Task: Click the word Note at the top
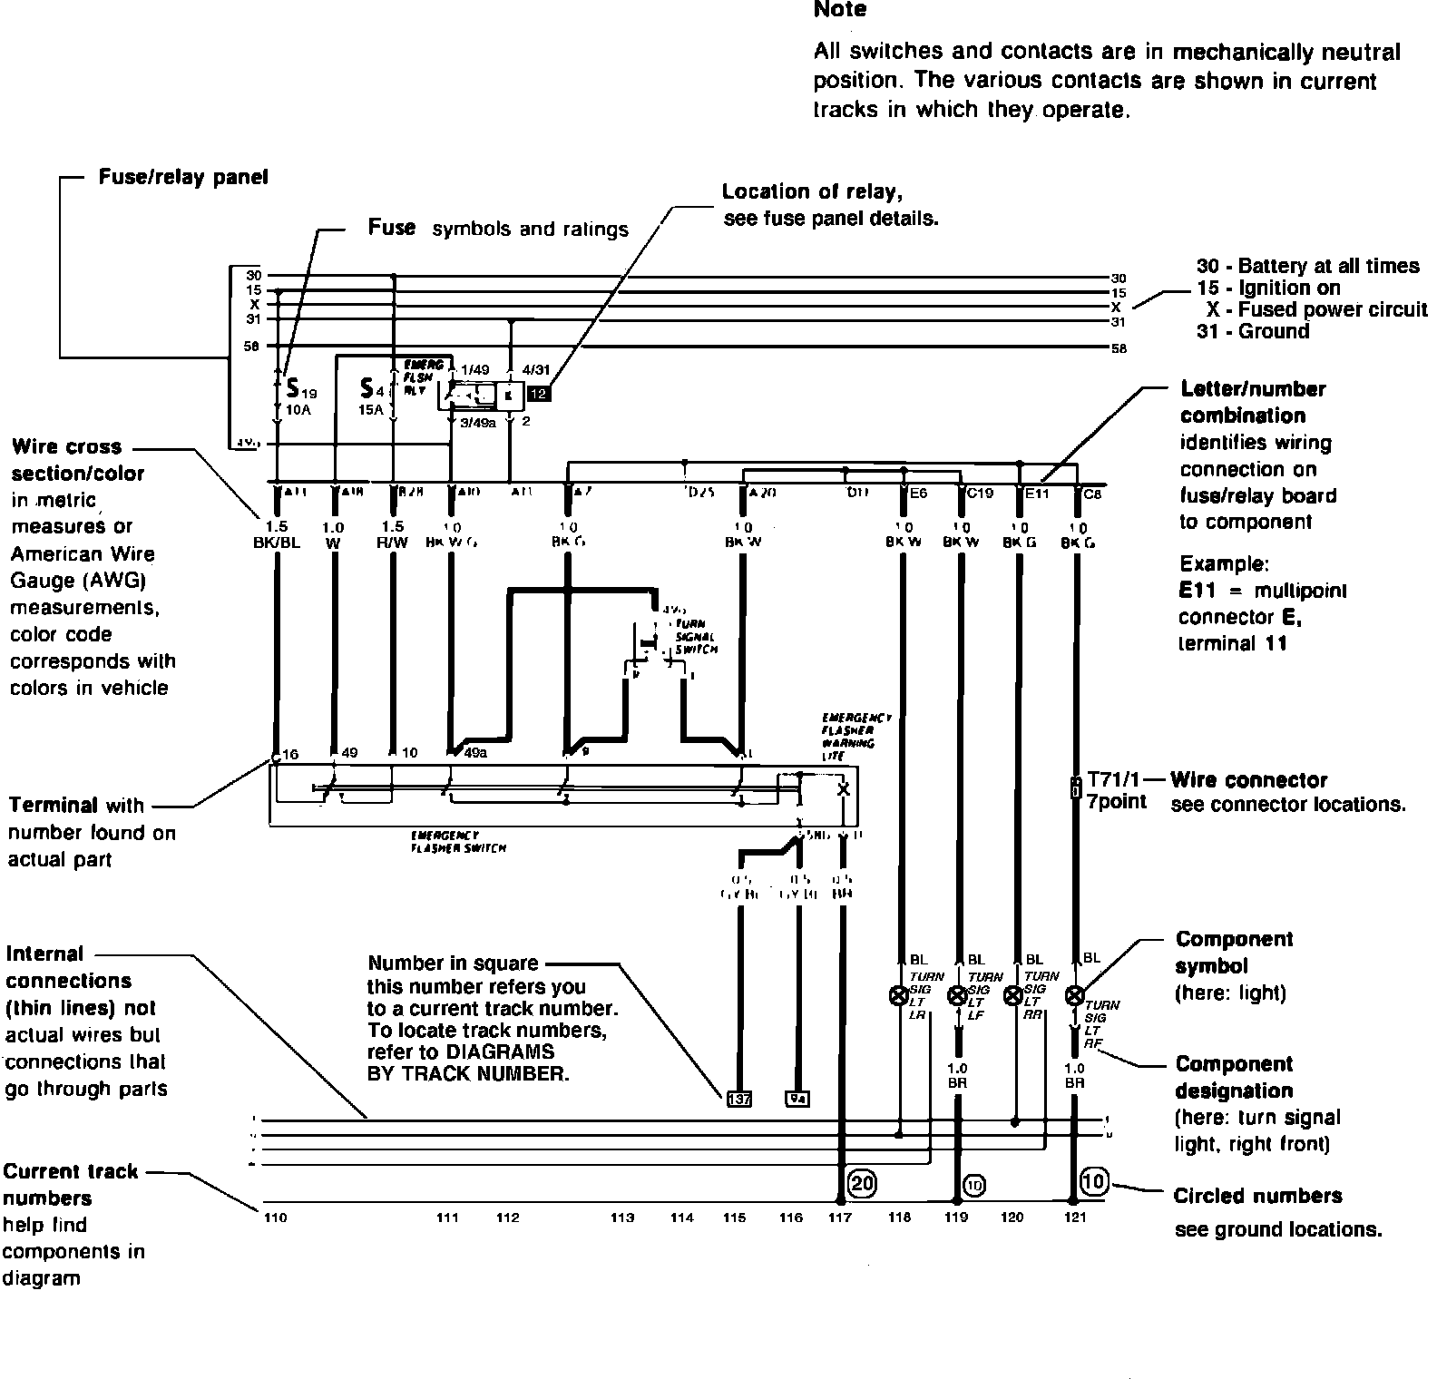click(840, 10)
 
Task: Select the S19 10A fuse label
click(300, 396)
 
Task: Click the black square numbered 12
click(538, 394)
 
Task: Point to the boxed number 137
click(739, 1100)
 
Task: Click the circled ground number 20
click(861, 1182)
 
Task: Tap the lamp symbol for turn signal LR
click(899, 996)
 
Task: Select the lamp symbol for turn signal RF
click(1075, 996)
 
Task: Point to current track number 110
click(275, 1218)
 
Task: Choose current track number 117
click(840, 1218)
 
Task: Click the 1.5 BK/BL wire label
click(276, 533)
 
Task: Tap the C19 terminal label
click(980, 494)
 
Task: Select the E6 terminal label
click(918, 494)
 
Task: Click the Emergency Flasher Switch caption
click(458, 841)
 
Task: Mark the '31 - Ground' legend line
click(1253, 331)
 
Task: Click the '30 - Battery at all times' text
click(1307, 266)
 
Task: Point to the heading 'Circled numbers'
click(1257, 1196)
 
